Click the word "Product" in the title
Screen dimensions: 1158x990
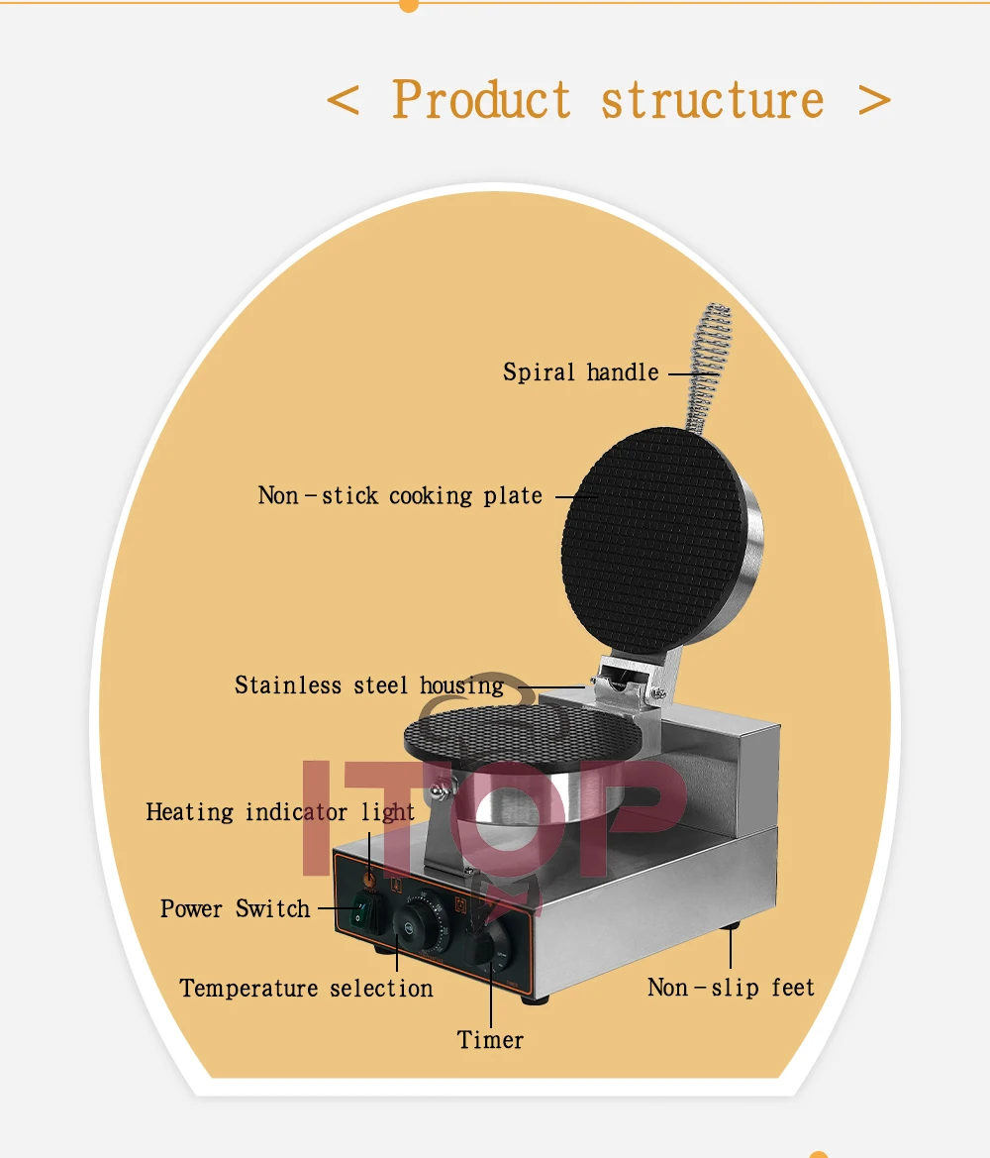point(481,100)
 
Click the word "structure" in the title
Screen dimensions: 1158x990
point(712,100)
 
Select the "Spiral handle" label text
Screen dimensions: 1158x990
point(580,373)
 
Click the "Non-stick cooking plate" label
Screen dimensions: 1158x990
point(400,495)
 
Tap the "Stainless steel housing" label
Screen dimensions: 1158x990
point(368,685)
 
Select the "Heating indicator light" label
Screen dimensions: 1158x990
point(280,813)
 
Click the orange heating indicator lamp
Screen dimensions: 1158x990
point(369,879)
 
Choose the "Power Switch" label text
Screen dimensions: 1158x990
point(236,909)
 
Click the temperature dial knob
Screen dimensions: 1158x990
point(414,923)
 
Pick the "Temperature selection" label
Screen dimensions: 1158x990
point(306,989)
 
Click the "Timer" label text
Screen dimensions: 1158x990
point(490,1040)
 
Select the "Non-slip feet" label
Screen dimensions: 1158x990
point(731,988)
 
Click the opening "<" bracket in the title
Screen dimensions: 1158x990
point(343,100)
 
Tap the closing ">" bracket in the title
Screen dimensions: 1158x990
point(874,100)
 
